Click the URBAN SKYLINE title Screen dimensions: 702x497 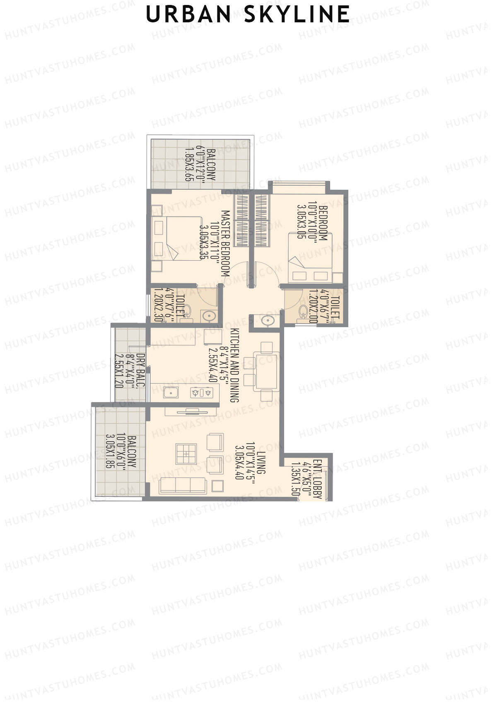point(248,15)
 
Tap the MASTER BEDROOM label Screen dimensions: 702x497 point(225,243)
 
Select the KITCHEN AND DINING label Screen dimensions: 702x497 point(234,365)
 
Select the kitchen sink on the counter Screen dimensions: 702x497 point(171,392)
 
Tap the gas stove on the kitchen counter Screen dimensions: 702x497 point(204,392)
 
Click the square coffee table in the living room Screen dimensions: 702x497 point(186,454)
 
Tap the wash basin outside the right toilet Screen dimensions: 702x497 point(267,321)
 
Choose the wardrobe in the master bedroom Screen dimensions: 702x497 point(241,220)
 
